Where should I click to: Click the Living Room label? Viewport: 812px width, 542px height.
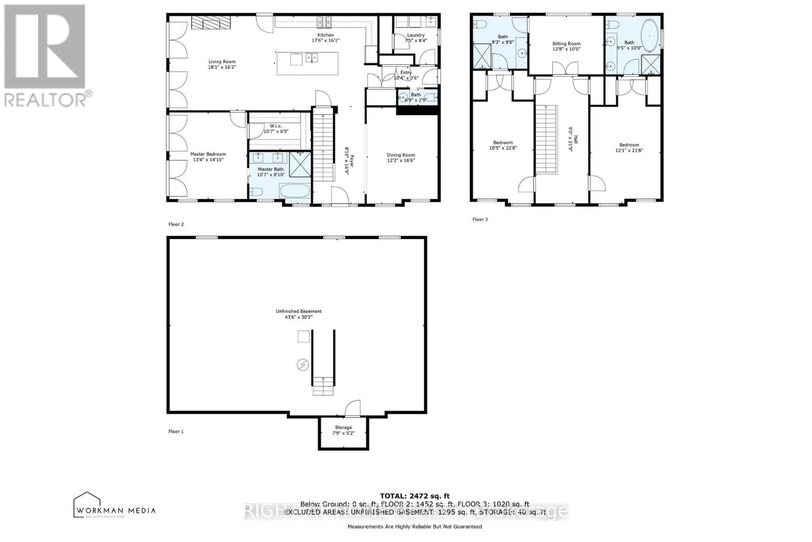[222, 61]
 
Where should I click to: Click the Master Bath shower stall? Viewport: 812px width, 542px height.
[300, 165]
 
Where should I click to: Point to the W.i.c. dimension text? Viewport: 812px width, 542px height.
[276, 132]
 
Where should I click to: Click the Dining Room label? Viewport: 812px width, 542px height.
[401, 155]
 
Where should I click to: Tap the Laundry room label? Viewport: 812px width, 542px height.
[416, 35]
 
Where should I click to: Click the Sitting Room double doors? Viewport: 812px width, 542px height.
[566, 69]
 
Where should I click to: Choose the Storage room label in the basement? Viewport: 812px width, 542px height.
[343, 427]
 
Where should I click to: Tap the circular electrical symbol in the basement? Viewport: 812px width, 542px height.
[302, 364]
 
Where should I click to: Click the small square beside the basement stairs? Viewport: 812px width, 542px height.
[303, 337]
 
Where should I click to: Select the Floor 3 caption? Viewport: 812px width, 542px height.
[480, 219]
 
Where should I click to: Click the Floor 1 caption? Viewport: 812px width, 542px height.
[176, 431]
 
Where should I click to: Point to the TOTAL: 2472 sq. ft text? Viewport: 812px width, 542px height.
[415, 496]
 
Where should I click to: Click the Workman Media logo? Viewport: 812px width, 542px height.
[115, 505]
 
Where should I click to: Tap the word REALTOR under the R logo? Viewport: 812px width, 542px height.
[46, 99]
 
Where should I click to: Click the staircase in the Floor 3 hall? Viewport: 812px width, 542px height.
[546, 139]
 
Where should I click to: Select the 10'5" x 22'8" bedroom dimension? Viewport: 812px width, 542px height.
[502, 148]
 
